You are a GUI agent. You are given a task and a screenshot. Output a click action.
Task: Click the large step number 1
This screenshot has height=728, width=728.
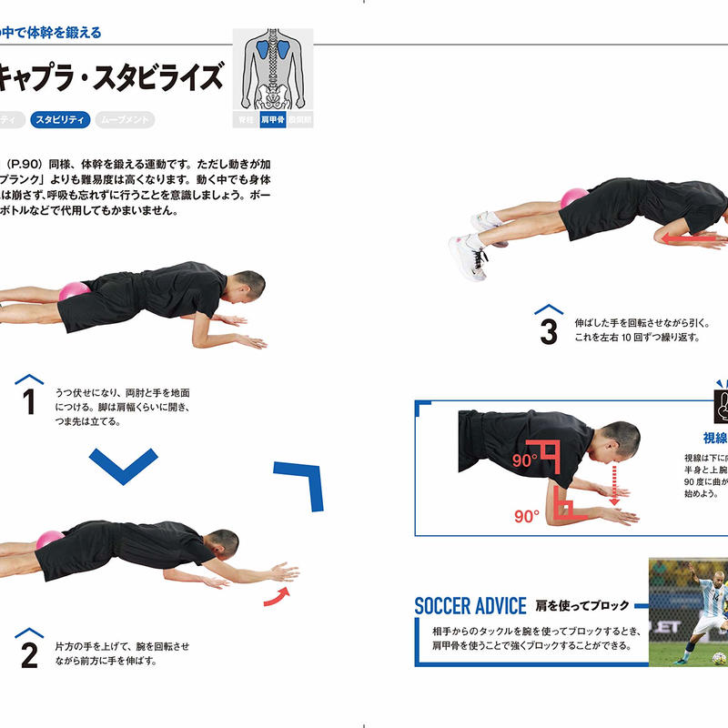click(29, 401)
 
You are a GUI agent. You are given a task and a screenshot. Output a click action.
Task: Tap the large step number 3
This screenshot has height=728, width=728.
click(548, 332)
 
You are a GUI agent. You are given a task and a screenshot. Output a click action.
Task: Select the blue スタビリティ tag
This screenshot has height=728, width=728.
click(59, 119)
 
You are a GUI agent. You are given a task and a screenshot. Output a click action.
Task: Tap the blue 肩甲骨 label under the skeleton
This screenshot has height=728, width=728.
click(273, 119)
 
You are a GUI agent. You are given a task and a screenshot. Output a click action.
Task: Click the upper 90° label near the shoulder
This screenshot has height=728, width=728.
click(523, 461)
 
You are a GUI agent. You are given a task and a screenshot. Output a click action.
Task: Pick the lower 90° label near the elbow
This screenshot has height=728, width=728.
click(527, 516)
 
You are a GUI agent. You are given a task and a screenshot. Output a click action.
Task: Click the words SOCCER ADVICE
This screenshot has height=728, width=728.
click(470, 605)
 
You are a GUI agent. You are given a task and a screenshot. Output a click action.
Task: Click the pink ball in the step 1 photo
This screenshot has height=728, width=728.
click(73, 292)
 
